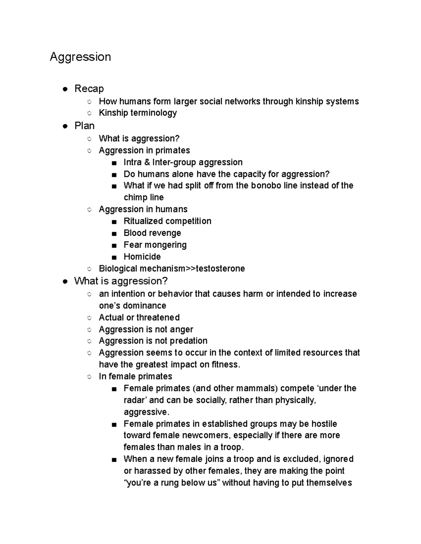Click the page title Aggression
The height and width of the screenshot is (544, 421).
(80, 57)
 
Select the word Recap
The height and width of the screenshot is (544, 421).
(89, 89)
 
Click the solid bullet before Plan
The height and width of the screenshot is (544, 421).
(65, 126)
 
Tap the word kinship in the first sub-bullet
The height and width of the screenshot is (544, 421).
(309, 102)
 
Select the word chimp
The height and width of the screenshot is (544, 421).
(135, 198)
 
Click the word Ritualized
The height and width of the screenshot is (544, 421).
(143, 221)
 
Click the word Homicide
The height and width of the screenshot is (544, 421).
(142, 257)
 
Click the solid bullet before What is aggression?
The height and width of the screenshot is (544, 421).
(65, 282)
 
